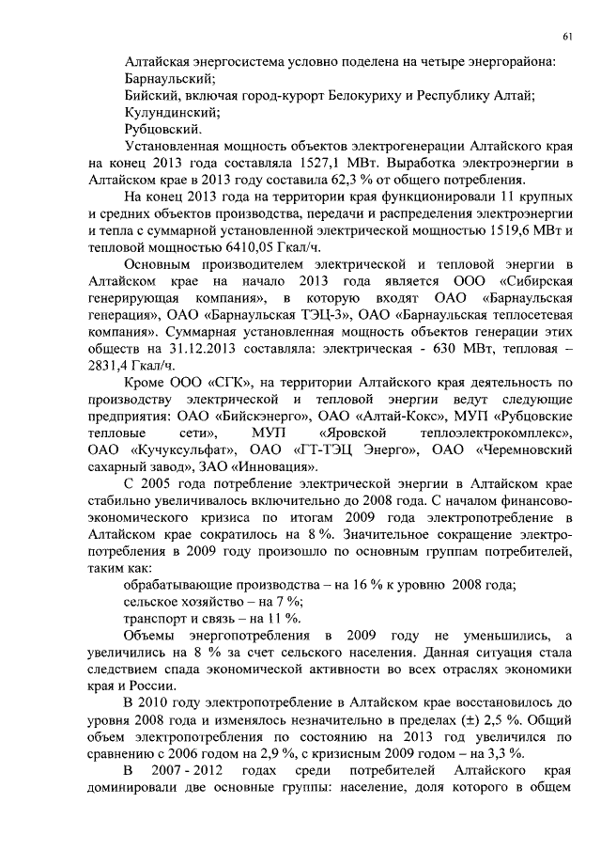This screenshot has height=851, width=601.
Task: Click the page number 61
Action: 568,36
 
